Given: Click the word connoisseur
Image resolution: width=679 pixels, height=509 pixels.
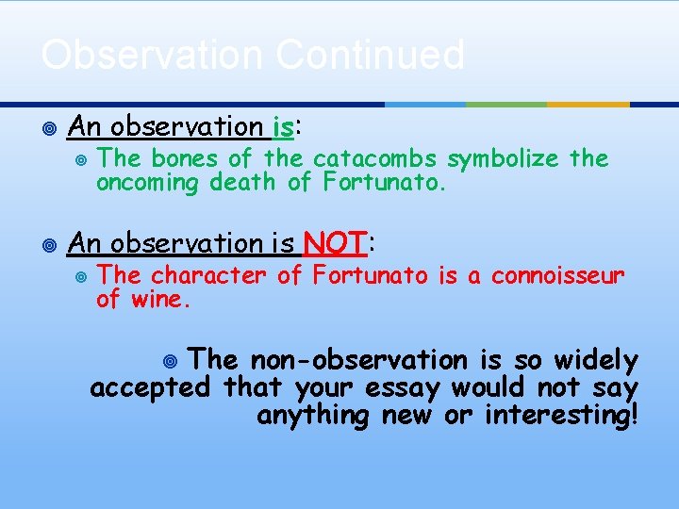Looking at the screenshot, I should click(557, 276).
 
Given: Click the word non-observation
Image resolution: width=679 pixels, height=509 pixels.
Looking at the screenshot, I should click(358, 360).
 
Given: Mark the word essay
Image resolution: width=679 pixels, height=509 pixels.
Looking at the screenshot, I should click(406, 388).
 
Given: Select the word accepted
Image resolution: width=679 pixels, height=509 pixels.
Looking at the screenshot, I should click(150, 388).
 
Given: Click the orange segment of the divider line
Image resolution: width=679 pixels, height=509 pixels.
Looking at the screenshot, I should click(588, 104).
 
